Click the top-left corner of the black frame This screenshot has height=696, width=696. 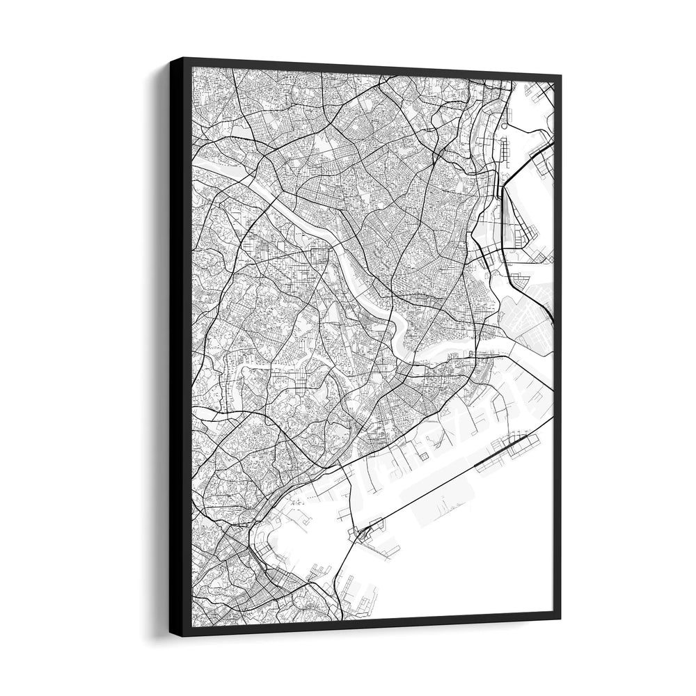tap(171, 58)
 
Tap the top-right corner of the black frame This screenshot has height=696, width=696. tap(560, 74)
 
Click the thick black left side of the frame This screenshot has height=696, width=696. tap(180, 348)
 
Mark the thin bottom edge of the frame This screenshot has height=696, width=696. tap(376, 624)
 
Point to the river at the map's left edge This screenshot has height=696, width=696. tap(202, 167)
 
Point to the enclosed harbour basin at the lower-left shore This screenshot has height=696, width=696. tap(278, 536)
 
